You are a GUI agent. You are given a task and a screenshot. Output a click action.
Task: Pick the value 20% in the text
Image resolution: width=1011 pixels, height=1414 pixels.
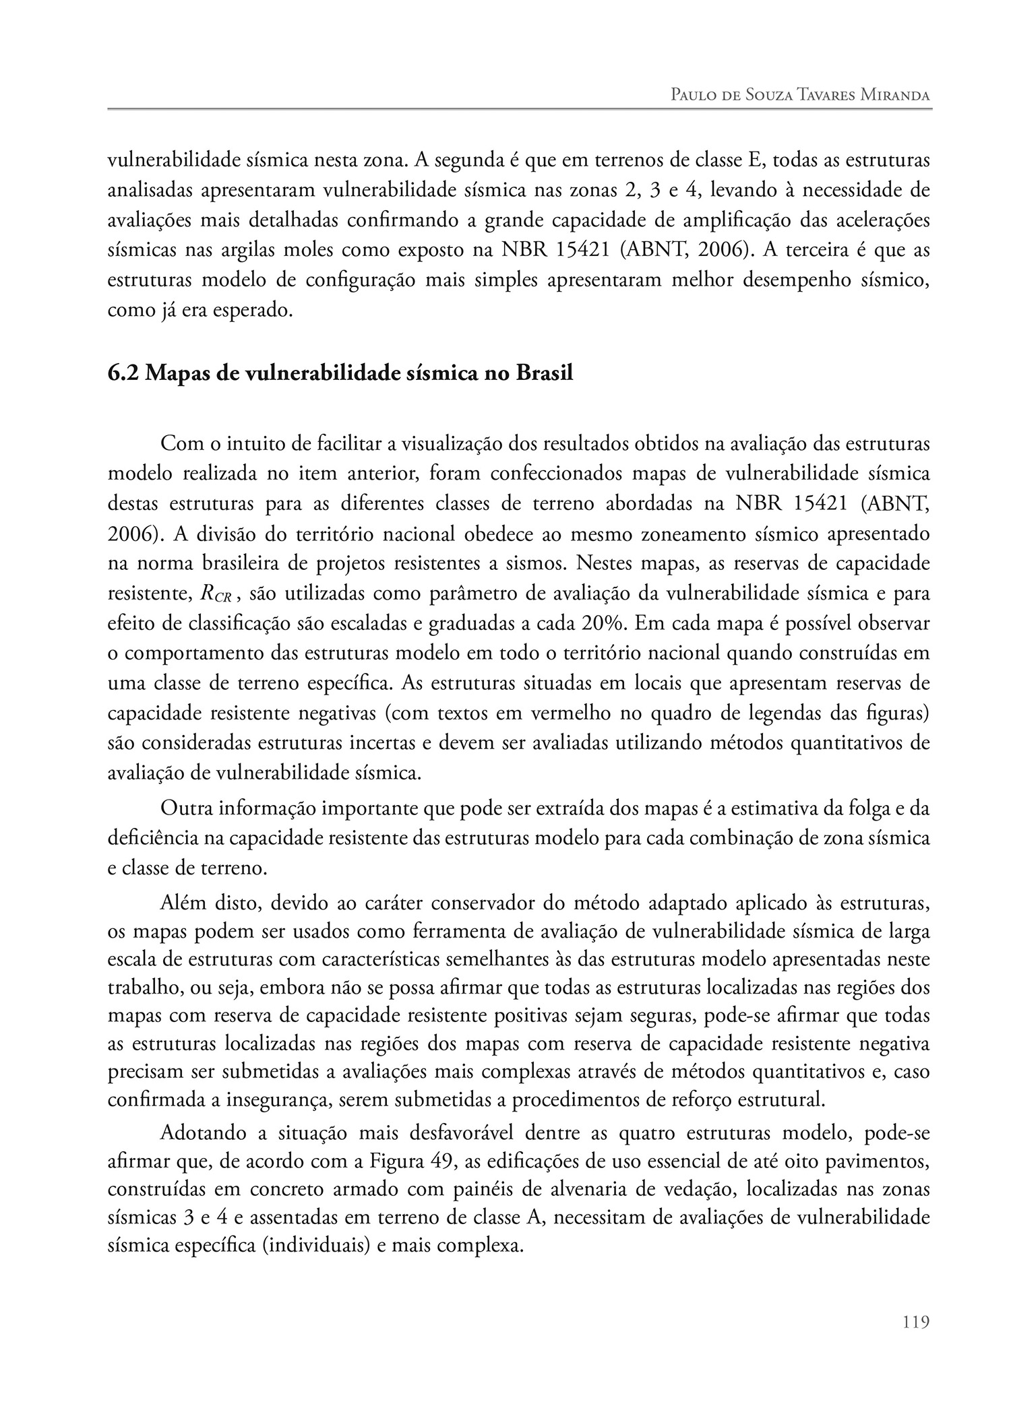[604, 623]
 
